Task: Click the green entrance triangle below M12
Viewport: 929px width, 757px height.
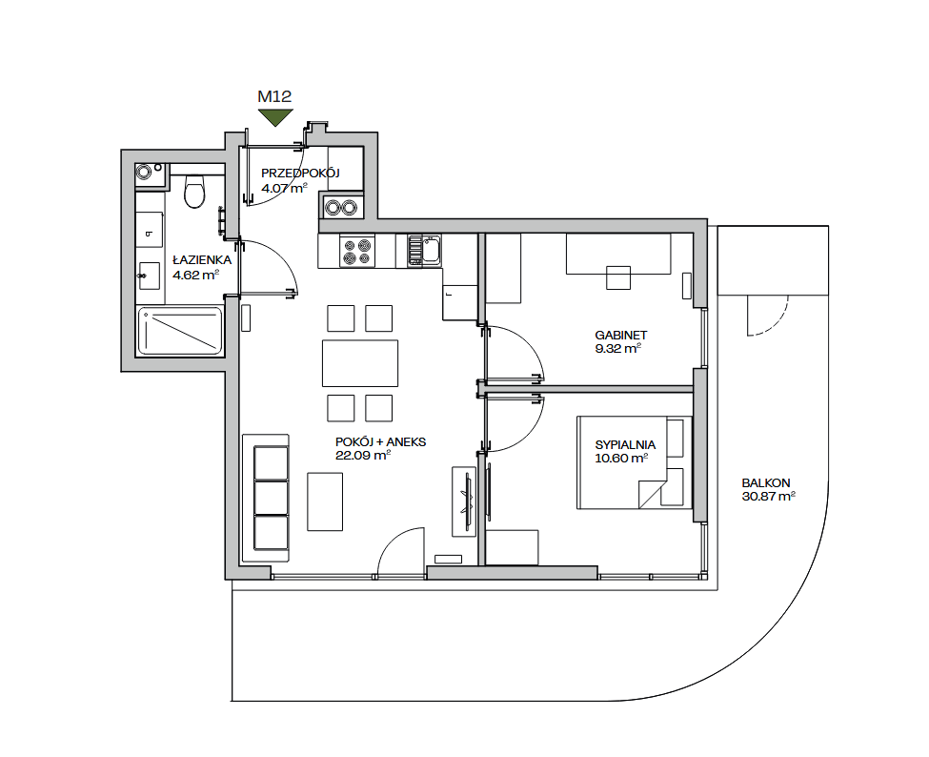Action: click(x=275, y=116)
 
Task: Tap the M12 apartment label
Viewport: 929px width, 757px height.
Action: click(x=275, y=96)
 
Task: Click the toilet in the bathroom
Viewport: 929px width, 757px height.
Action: click(x=194, y=191)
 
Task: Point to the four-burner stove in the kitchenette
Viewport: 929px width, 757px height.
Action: click(x=357, y=252)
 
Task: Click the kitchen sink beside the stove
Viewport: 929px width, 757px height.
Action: click(x=424, y=250)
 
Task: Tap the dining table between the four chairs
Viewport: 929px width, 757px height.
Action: click(x=359, y=363)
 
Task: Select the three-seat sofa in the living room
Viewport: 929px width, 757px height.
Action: click(x=266, y=498)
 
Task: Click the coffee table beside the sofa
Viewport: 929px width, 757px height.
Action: click(x=325, y=501)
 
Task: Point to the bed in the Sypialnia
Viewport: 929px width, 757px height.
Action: click(x=635, y=462)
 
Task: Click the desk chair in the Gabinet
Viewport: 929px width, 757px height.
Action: click(x=618, y=277)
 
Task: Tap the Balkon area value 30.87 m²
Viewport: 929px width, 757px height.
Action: click(x=768, y=497)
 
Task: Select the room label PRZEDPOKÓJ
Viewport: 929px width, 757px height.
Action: click(x=300, y=174)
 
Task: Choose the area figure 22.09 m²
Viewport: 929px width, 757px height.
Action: click(x=362, y=456)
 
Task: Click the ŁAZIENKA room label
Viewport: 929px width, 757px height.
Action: click(x=202, y=260)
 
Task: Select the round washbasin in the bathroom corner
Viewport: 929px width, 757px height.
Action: click(x=144, y=173)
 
